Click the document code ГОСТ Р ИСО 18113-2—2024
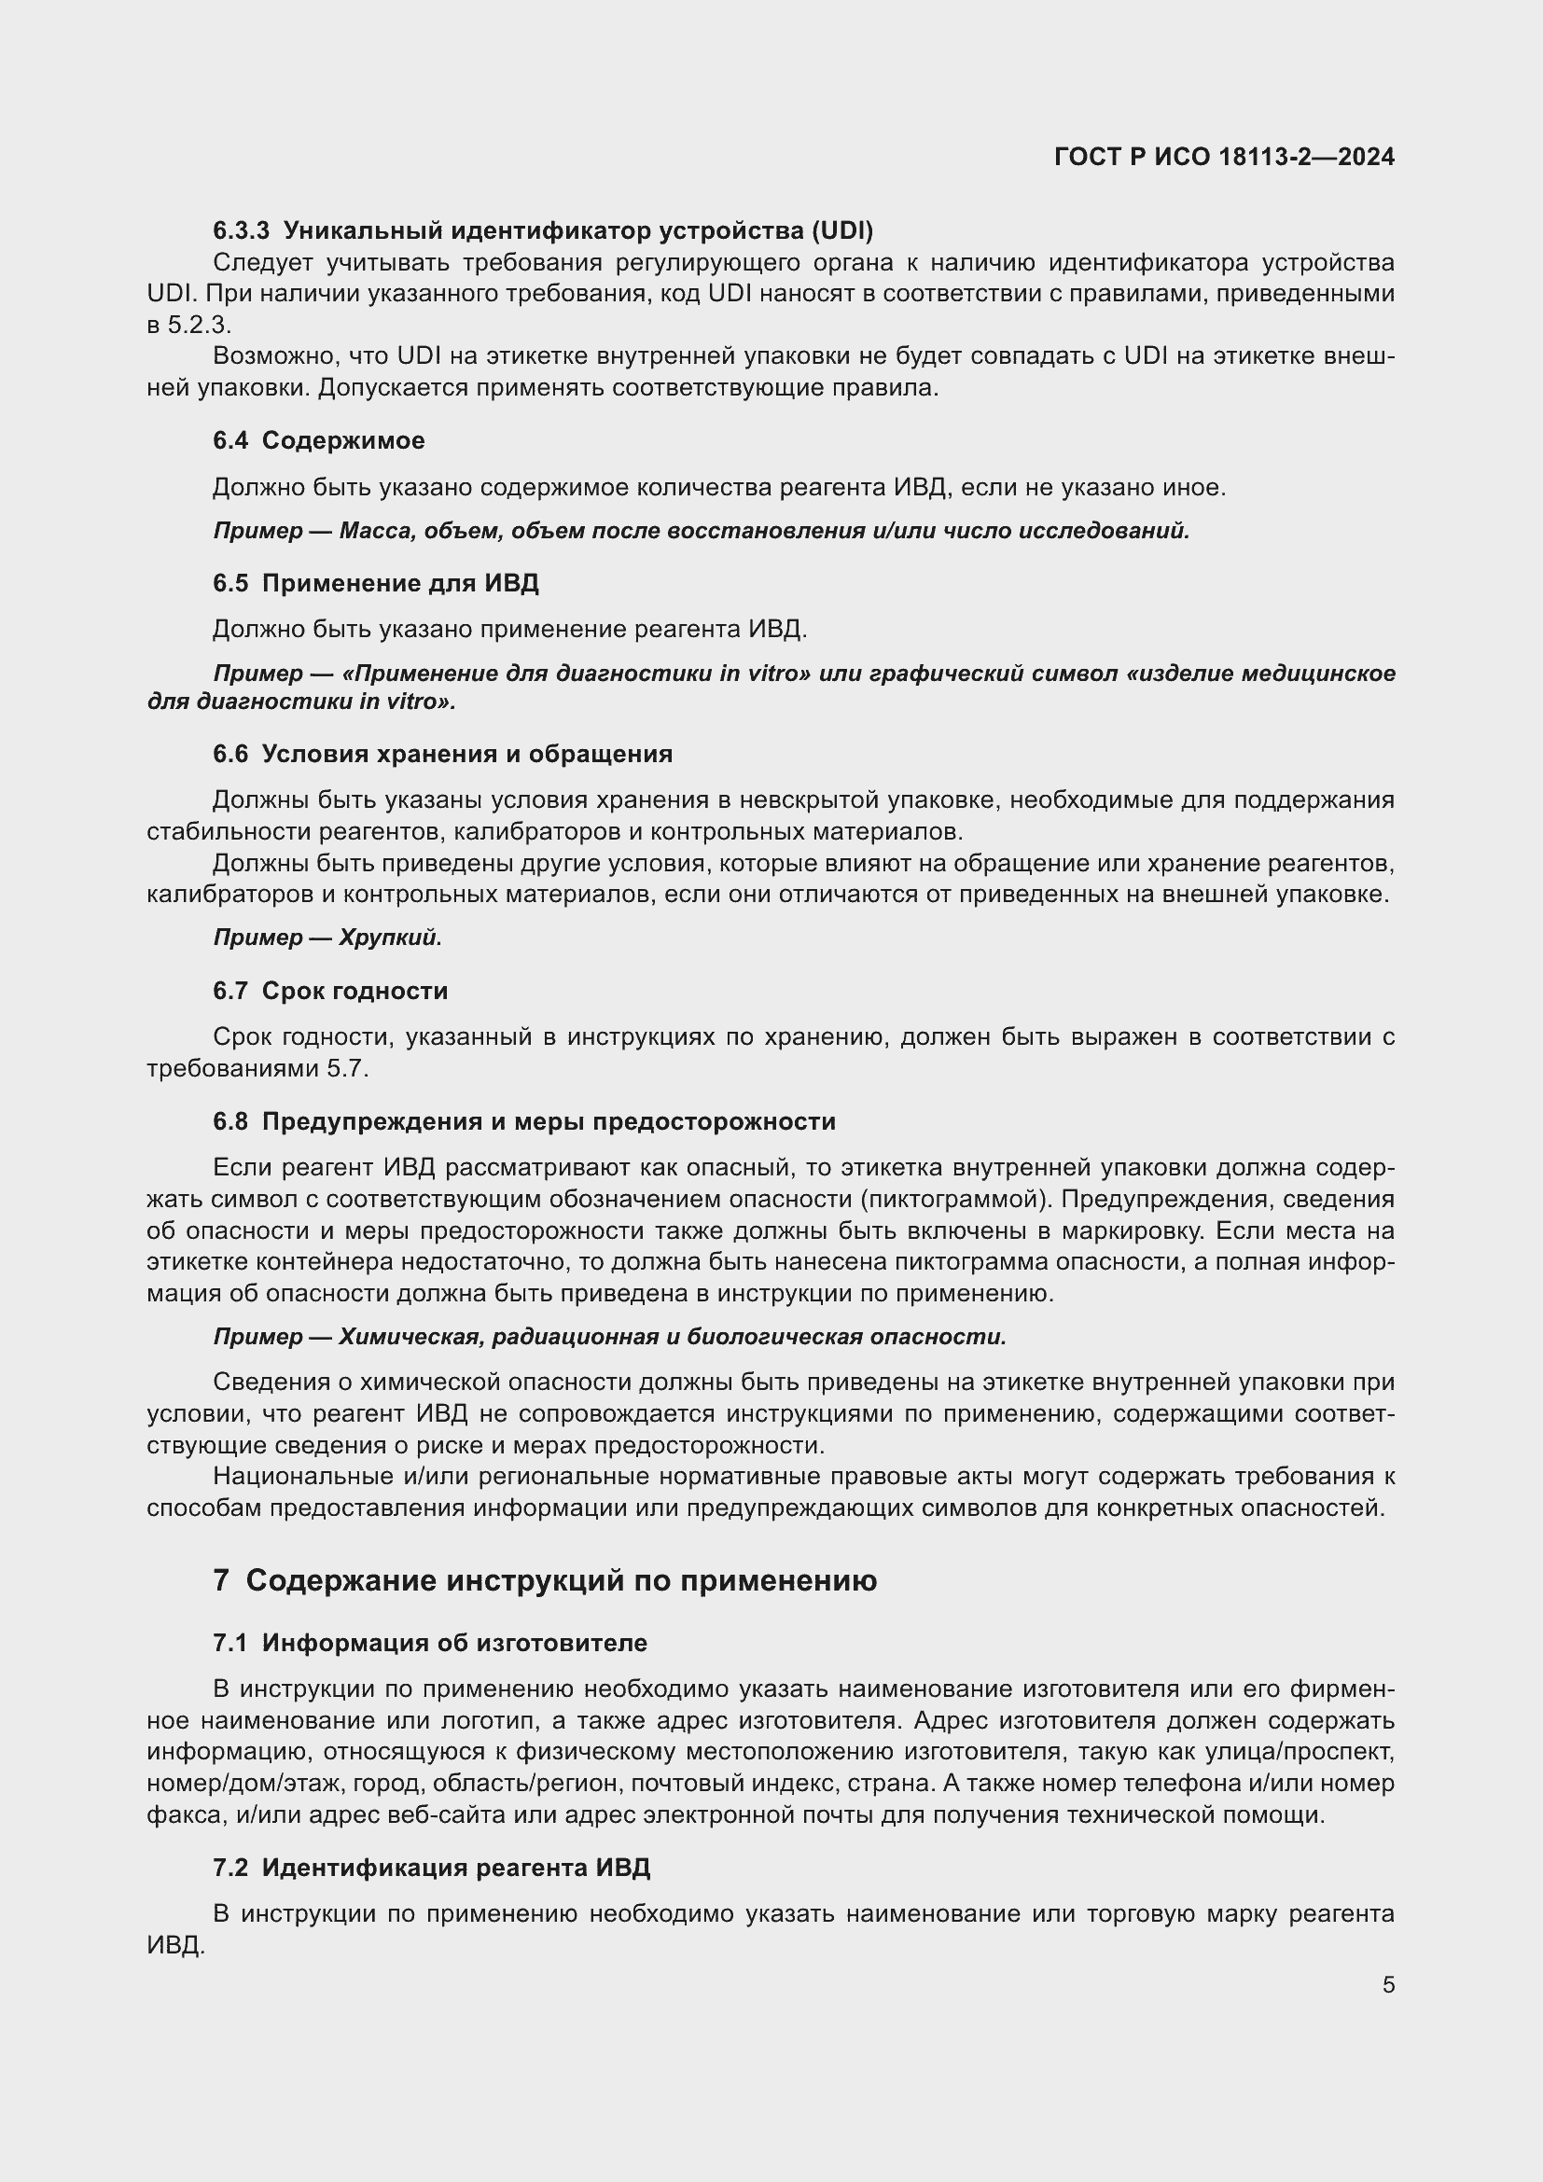coord(1224,158)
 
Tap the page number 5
coord(1388,1984)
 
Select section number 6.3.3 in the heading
coord(242,231)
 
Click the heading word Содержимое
coord(343,441)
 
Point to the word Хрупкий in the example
coord(391,938)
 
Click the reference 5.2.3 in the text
coord(200,325)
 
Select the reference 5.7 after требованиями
coord(347,1069)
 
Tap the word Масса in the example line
coord(374,531)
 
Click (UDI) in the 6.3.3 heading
coord(841,231)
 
